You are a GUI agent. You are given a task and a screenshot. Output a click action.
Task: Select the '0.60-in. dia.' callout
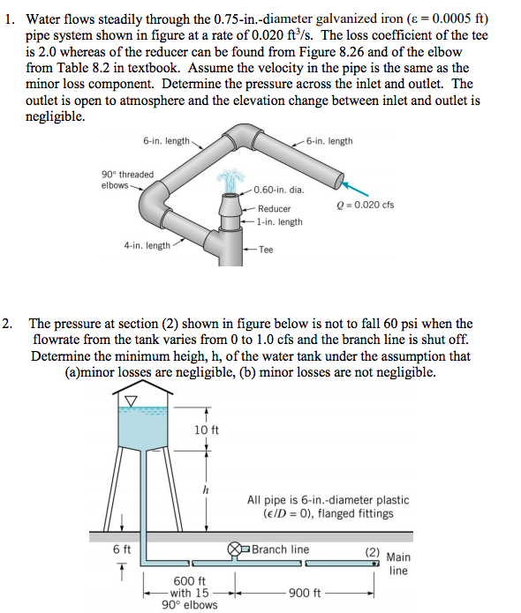[278, 190]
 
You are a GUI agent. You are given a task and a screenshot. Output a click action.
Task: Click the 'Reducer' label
[274, 208]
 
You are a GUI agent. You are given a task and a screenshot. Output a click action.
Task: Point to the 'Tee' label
[265, 250]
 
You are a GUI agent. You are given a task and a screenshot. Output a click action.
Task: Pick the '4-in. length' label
[147, 245]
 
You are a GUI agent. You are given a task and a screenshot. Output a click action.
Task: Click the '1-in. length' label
[280, 221]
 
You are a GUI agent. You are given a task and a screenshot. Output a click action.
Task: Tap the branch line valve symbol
[236, 549]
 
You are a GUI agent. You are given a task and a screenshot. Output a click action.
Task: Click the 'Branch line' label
[280, 549]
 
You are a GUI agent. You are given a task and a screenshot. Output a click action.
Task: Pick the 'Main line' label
[398, 564]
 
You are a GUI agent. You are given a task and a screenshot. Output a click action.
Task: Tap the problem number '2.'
[9, 324]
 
